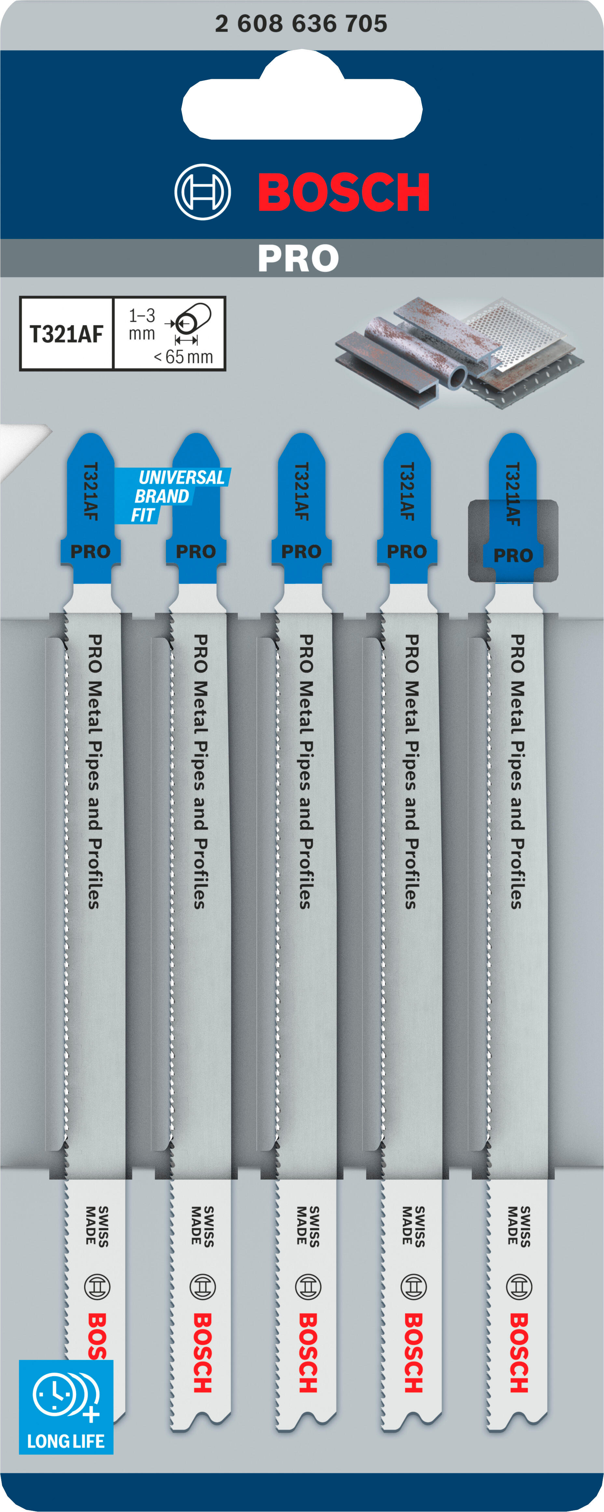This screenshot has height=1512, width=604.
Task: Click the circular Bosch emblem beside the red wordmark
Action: point(202,192)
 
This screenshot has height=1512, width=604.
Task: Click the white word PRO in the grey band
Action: point(298,258)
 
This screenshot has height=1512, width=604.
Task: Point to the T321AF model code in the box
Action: point(66,334)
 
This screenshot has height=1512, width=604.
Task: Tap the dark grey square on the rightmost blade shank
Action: point(513,540)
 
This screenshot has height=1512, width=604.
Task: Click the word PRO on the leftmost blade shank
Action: point(90,552)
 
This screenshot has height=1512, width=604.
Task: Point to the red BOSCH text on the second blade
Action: point(202,1353)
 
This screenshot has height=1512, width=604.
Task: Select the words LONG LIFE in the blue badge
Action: point(66,1441)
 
